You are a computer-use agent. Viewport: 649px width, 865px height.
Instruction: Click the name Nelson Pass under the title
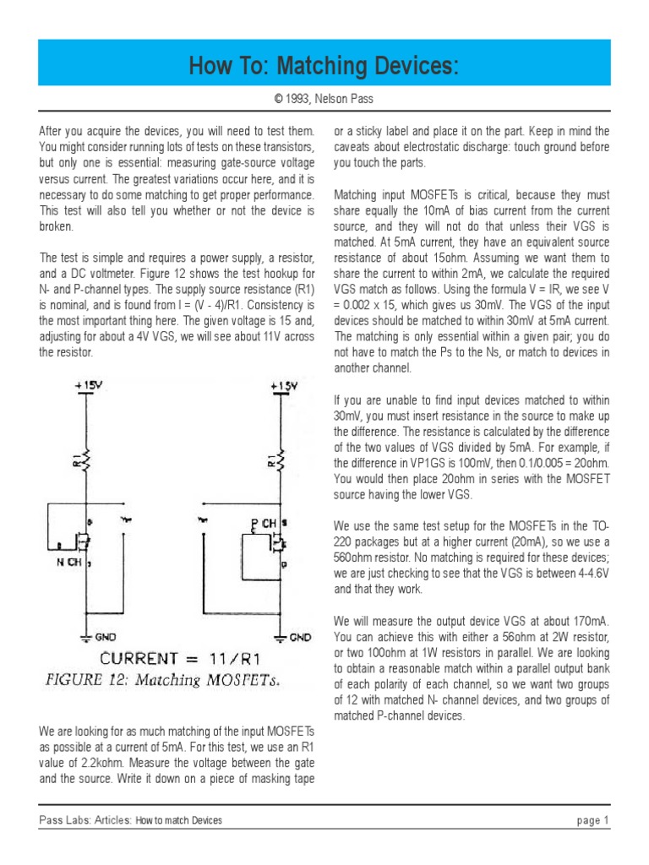tap(344, 100)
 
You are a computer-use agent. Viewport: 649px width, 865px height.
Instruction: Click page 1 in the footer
tap(593, 820)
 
